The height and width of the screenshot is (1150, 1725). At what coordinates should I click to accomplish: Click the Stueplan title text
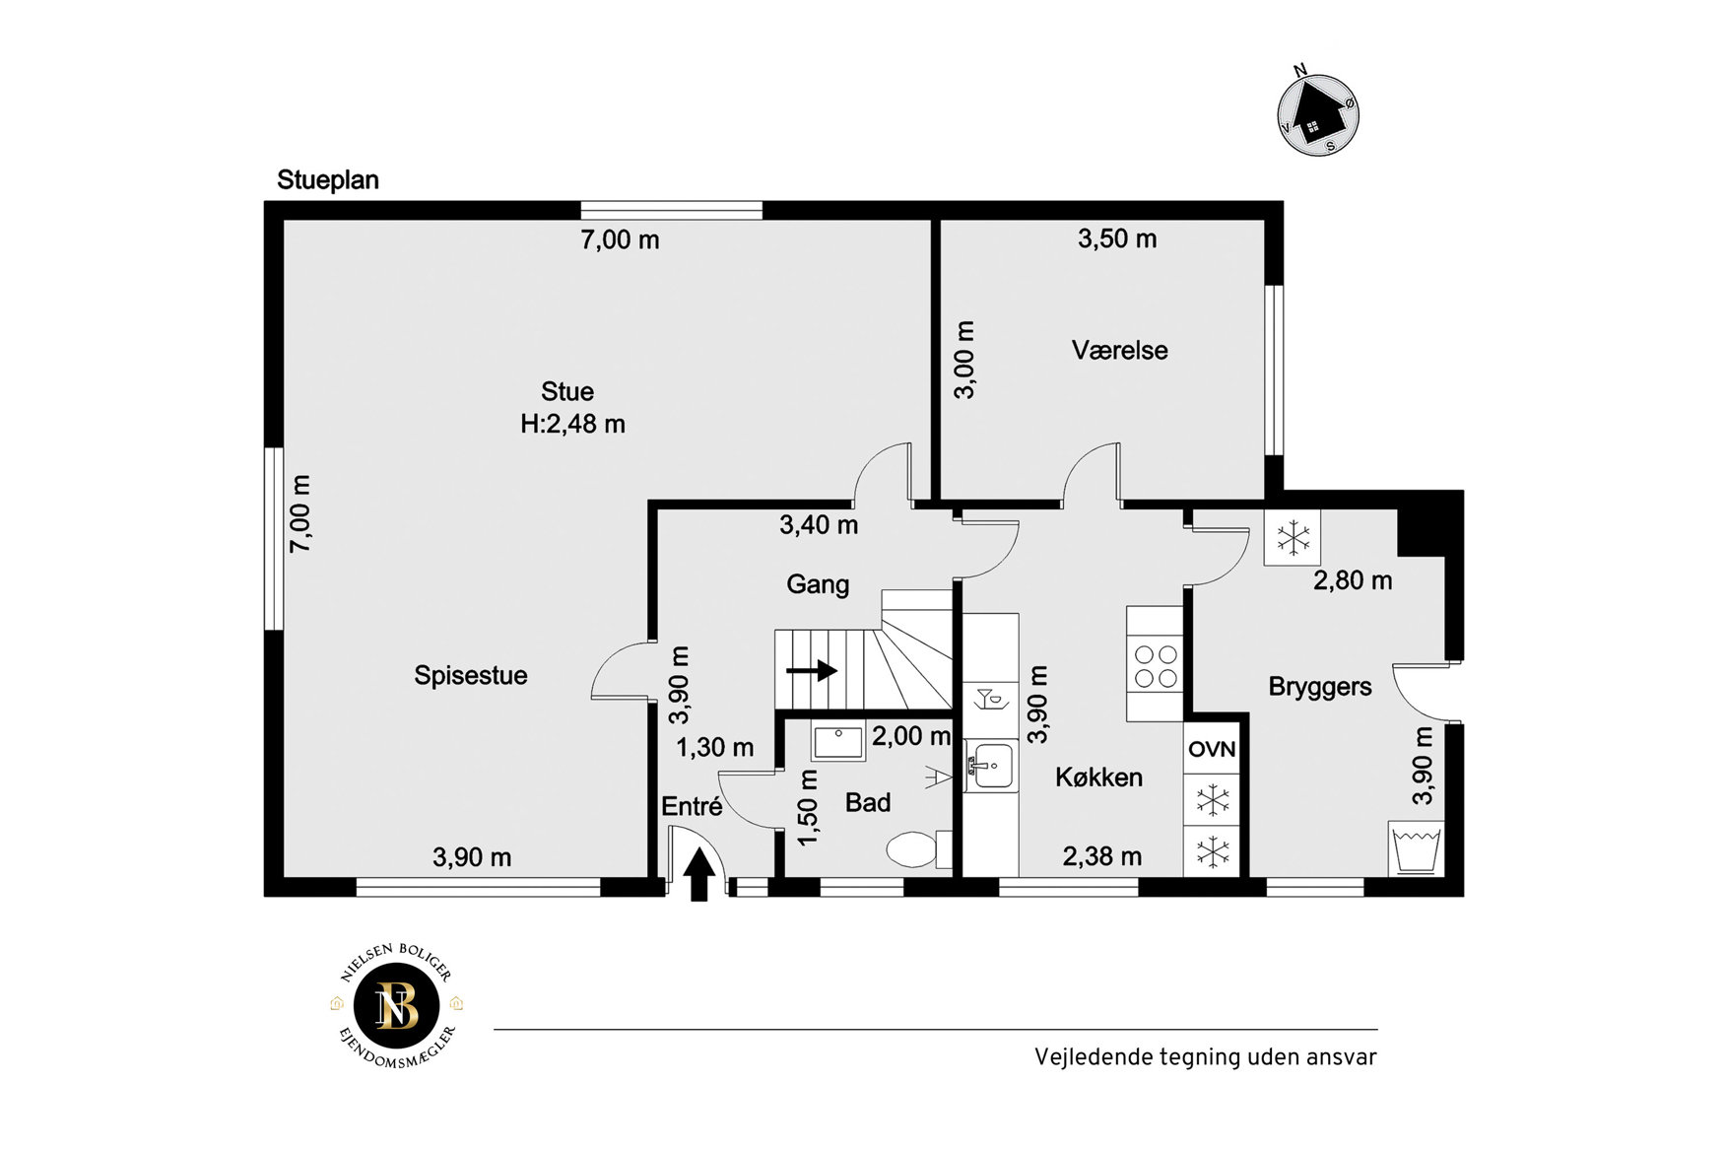coord(328,180)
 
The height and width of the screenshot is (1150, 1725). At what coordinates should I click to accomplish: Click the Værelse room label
coord(1120,350)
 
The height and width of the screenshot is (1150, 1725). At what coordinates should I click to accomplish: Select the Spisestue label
coord(471,676)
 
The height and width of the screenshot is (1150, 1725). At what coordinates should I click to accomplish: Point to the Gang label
coord(818,584)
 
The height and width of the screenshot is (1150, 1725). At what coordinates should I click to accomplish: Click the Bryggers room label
coord(1320,687)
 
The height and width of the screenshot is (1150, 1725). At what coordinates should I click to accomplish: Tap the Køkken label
coord(1099,777)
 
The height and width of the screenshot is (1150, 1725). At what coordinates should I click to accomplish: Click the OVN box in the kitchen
coord(1212,749)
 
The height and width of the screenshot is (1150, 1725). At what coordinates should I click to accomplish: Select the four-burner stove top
coord(1156,666)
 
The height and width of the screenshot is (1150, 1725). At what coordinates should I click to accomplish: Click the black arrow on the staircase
coord(812,671)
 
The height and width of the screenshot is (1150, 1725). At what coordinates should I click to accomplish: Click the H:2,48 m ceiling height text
coord(573,424)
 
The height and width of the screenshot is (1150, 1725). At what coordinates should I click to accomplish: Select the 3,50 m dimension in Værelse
coord(1117,238)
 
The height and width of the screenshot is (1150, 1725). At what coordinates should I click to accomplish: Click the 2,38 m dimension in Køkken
coord(1102,857)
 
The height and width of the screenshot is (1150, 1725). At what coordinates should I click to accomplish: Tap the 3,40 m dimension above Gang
coord(819,525)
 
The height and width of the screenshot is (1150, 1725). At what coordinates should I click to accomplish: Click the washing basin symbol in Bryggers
coord(1417,848)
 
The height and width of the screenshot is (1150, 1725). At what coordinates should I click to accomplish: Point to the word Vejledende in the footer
coord(1093,1057)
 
